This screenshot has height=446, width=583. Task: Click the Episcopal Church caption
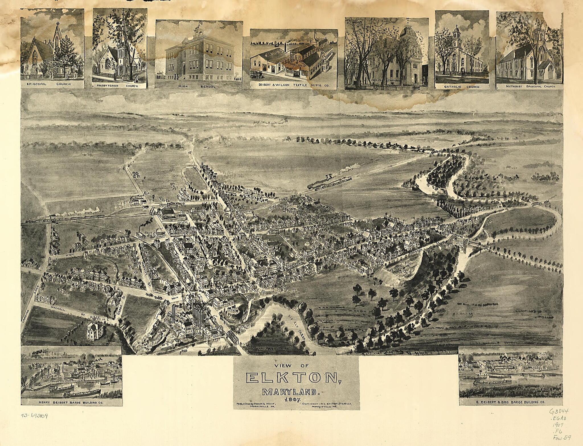(x=52, y=84)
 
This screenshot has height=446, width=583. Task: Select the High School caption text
(x=198, y=86)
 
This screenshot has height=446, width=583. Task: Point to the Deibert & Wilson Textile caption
(x=294, y=85)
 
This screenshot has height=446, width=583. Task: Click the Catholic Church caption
(x=462, y=87)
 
